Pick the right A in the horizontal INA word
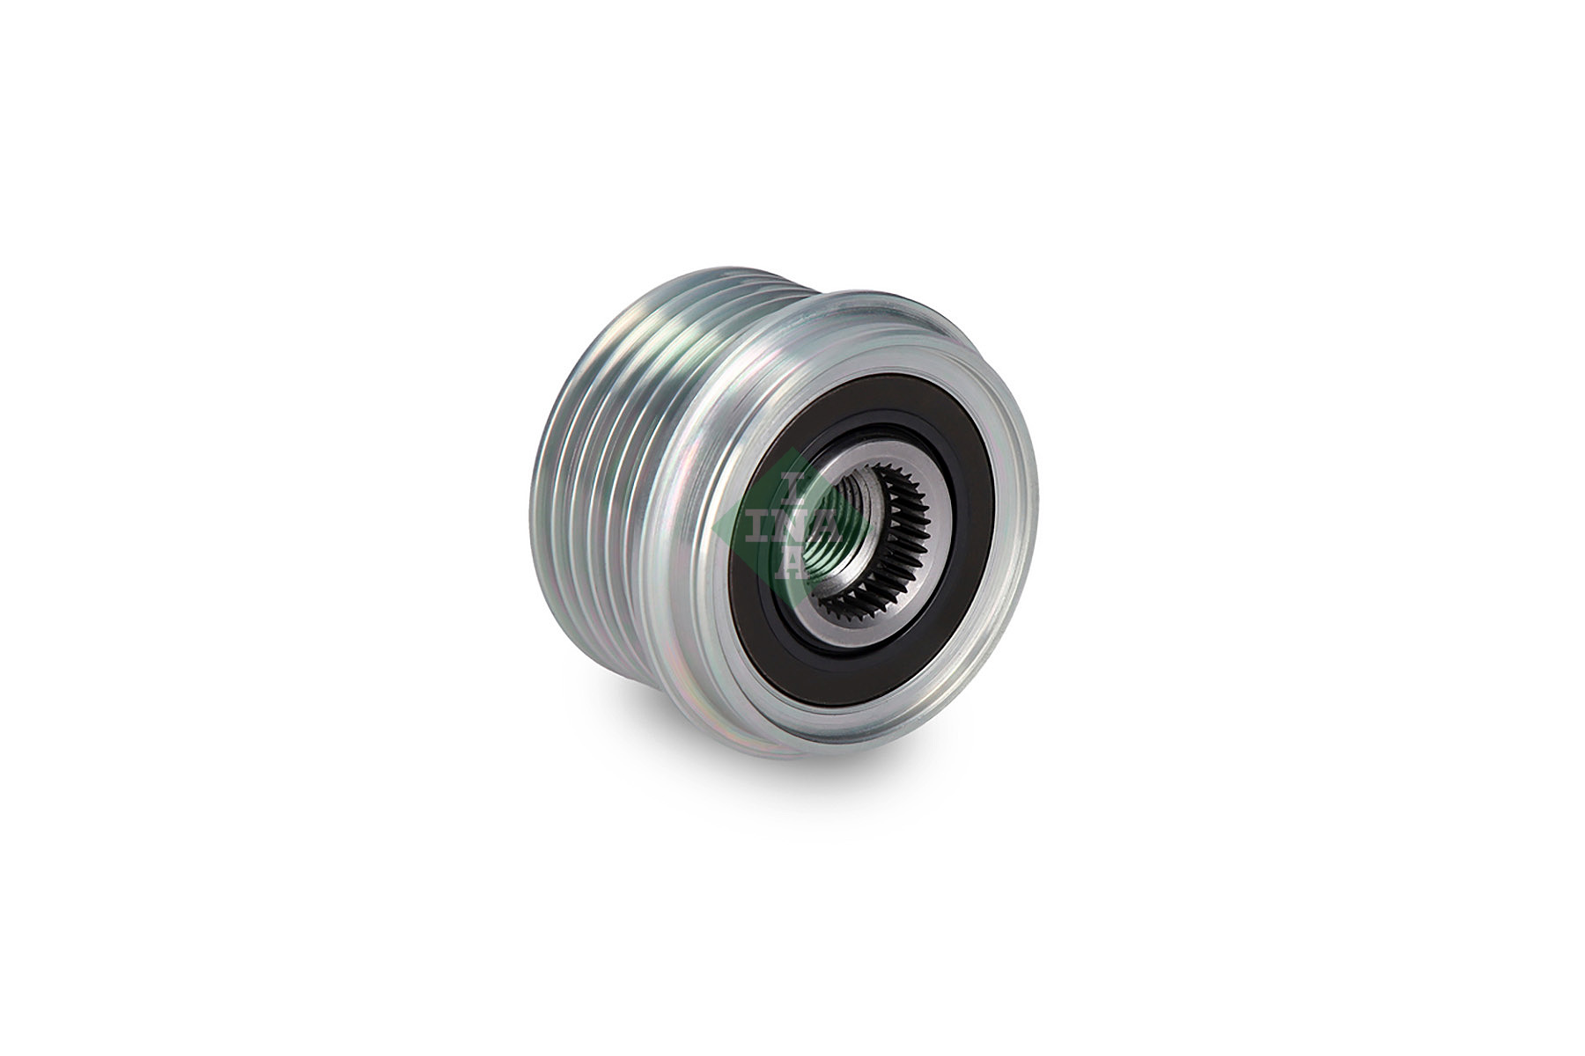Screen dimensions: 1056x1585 coord(826,526)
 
